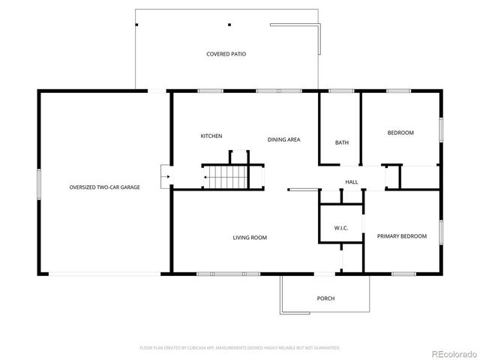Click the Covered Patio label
tap(226, 54)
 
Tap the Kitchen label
tap(211, 136)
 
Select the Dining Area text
tap(284, 139)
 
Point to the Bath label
tap(341, 142)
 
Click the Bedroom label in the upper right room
tap(400, 133)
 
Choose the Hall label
tap(351, 182)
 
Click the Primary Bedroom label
tap(401, 236)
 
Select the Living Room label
tap(250, 238)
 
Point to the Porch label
tap(325, 298)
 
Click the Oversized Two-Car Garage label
tap(104, 187)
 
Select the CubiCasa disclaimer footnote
tap(240, 348)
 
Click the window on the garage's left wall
tap(39, 183)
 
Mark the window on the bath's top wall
tap(341, 91)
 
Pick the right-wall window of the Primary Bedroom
tap(441, 232)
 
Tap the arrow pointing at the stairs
tap(205, 178)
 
